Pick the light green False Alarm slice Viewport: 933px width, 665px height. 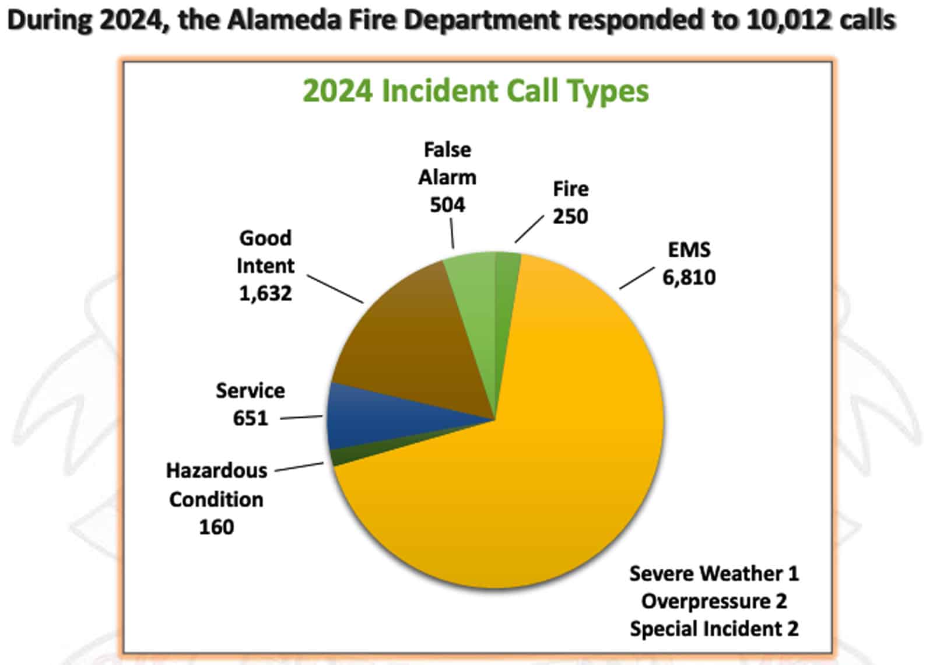[475, 292]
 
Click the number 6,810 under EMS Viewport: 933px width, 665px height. [689, 278]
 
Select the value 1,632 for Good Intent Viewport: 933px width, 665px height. [265, 294]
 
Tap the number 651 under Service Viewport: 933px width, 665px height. [250, 418]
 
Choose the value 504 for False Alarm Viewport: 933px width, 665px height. [447, 205]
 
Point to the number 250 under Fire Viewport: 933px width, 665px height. [570, 216]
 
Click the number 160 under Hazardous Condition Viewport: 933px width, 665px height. [216, 527]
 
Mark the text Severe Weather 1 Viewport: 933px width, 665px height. [714, 574]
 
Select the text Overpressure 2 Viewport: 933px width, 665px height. [714, 601]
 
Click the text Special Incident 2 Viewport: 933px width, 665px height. [714, 629]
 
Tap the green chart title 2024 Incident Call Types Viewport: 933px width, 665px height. [476, 92]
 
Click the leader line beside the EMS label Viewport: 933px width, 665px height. [637, 278]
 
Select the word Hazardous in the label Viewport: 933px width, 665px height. [216, 471]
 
